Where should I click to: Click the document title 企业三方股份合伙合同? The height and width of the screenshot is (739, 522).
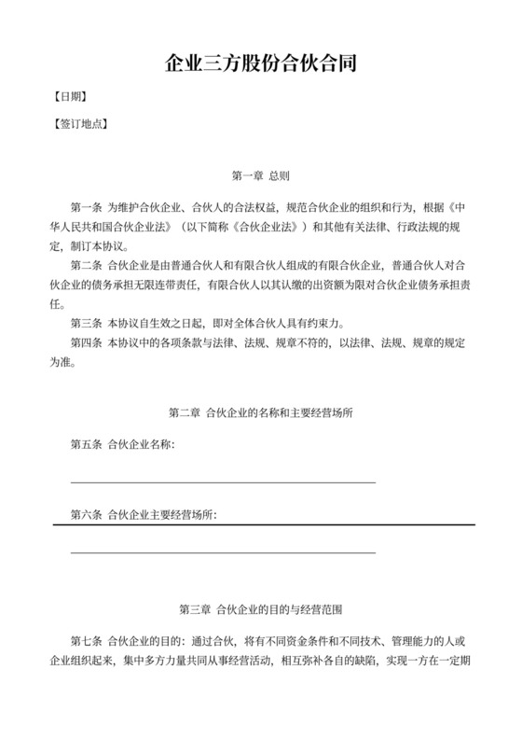coord(260,64)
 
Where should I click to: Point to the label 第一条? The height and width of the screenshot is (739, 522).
coord(87,204)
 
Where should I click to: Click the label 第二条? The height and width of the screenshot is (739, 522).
coord(87,265)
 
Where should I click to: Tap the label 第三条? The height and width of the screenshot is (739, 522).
coord(87,324)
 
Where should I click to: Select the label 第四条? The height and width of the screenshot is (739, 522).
coord(87,343)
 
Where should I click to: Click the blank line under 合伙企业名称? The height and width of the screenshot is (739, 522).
coord(223,481)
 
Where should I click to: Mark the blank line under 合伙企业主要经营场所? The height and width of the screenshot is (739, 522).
coord(223,552)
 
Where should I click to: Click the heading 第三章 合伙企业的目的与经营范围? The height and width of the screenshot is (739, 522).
coord(260,609)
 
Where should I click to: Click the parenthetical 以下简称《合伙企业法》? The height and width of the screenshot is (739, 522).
coord(222,226)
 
